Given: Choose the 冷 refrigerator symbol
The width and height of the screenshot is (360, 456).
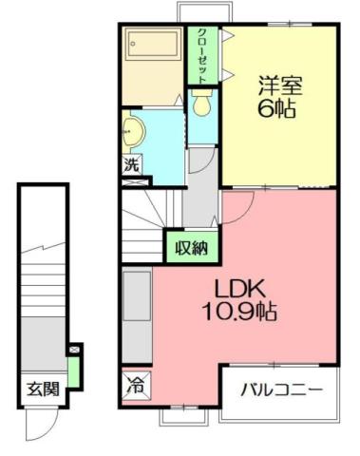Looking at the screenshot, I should [x=137, y=387].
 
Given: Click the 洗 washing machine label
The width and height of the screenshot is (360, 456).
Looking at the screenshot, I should [x=133, y=163].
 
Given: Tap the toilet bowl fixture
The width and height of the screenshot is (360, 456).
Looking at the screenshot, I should [x=202, y=105].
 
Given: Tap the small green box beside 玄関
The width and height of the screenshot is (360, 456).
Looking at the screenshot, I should [x=73, y=365].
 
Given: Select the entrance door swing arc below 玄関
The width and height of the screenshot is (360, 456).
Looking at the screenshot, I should [x=42, y=416].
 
